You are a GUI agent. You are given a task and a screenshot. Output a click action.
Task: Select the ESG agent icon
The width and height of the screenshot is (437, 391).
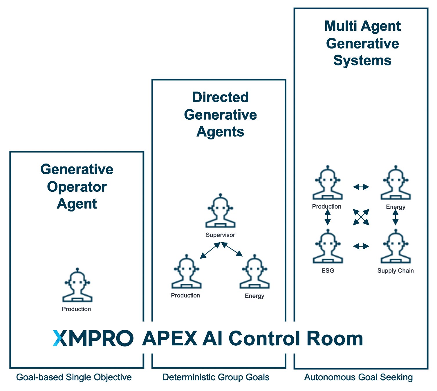click(328, 247)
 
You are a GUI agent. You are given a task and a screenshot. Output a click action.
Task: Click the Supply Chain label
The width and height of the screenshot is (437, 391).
click(396, 271)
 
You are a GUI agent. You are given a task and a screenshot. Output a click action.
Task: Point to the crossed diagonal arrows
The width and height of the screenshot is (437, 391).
click(361, 217)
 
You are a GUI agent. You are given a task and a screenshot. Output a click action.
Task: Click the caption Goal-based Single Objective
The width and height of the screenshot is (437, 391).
click(74, 377)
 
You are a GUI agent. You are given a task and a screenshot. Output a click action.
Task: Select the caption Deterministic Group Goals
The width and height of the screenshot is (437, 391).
click(216, 377)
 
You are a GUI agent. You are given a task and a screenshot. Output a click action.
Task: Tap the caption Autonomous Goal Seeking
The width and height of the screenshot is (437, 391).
click(358, 377)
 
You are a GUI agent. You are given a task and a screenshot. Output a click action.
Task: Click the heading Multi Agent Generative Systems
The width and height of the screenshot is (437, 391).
click(362, 43)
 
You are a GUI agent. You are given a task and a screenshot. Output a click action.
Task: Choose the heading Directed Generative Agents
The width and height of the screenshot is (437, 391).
click(220, 114)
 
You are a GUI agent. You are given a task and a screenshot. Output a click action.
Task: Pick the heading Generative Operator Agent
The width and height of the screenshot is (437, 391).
click(77, 186)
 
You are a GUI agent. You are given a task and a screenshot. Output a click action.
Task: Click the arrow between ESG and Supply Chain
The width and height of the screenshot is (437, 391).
click(361, 246)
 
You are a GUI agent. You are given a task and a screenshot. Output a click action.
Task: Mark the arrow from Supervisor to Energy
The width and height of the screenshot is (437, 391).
click(233, 250)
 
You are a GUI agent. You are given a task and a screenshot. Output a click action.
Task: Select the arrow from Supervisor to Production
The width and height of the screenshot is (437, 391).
click(210, 251)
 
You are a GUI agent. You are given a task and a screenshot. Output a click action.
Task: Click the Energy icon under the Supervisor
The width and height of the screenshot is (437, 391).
click(254, 272)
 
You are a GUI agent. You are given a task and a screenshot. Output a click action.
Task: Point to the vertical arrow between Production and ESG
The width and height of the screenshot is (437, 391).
click(328, 217)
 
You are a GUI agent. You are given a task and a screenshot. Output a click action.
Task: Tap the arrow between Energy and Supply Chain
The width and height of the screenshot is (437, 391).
click(396, 217)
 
